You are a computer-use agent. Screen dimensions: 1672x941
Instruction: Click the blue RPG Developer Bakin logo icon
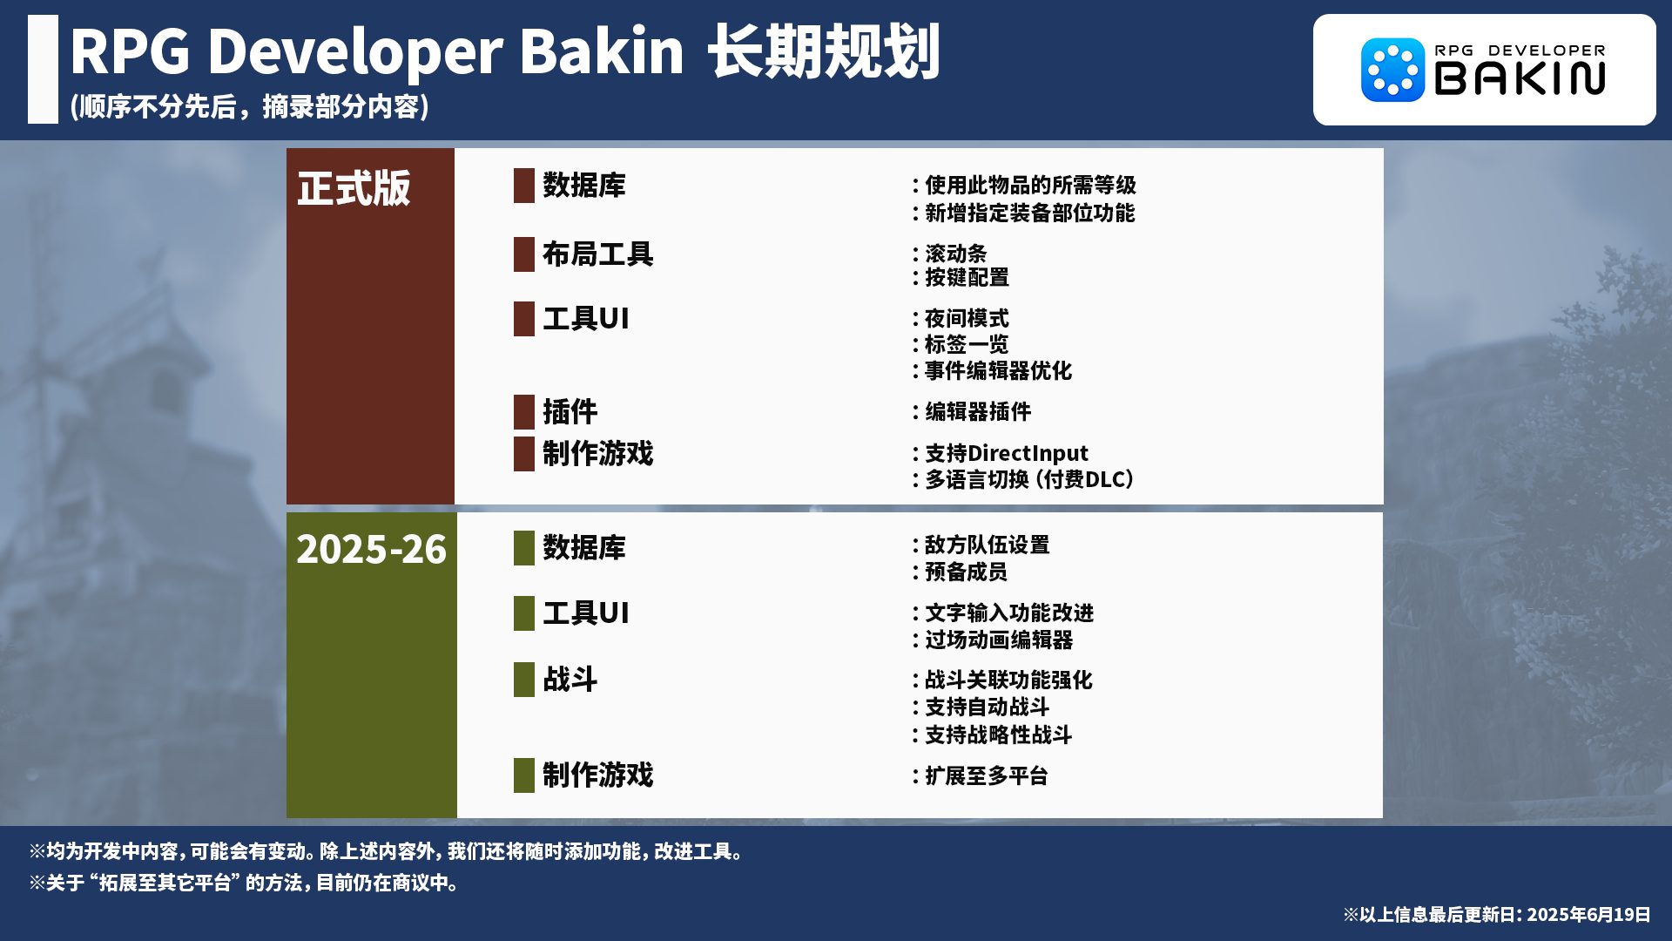click(x=1392, y=70)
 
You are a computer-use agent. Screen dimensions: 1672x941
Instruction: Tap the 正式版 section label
click(x=354, y=188)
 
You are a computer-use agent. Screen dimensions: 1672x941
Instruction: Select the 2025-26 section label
click(x=371, y=549)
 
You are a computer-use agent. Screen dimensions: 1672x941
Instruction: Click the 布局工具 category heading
click(x=597, y=254)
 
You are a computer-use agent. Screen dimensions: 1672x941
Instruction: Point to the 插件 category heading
click(x=570, y=411)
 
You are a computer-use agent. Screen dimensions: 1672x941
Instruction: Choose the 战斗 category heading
click(x=570, y=680)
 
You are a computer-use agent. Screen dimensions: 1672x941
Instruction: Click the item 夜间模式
click(x=967, y=319)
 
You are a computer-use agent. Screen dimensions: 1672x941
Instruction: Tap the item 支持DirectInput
click(x=1007, y=453)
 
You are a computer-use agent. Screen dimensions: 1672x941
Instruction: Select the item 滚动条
click(x=956, y=254)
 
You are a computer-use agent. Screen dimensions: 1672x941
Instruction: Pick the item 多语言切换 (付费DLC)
click(x=1029, y=479)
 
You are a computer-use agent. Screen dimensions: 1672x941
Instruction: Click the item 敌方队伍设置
click(x=988, y=545)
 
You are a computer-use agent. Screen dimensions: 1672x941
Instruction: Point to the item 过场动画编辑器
click(x=999, y=640)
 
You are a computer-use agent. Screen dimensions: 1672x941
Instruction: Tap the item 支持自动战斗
click(x=988, y=707)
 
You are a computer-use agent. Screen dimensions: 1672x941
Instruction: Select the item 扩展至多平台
click(x=987, y=775)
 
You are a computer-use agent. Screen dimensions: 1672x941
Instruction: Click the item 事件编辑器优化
click(x=998, y=370)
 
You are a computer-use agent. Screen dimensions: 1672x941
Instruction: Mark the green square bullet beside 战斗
click(x=524, y=680)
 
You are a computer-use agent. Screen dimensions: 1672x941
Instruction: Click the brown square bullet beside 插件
click(x=524, y=412)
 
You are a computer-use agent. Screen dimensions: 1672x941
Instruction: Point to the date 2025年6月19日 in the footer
click(x=1589, y=914)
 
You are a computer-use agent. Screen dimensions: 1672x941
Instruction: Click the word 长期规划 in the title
click(x=824, y=51)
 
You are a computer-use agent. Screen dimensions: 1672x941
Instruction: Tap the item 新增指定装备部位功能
click(x=1030, y=213)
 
